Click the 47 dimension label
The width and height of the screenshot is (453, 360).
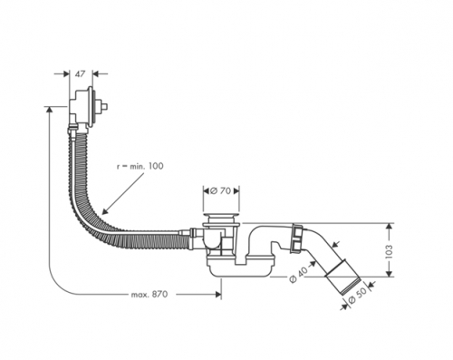point(81,73)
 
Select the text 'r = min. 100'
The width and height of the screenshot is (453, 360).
point(140,166)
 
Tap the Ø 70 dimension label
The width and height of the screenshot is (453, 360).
point(221,190)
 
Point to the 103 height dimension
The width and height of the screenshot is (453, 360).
point(389,251)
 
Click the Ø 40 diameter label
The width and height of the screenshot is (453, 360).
point(298,275)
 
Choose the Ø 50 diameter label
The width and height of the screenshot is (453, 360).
point(358,296)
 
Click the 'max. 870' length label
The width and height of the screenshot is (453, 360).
point(149,294)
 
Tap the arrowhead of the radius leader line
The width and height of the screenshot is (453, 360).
point(104,212)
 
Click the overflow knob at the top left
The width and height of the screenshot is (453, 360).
point(104,107)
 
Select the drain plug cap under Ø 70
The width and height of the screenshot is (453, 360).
point(221,216)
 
